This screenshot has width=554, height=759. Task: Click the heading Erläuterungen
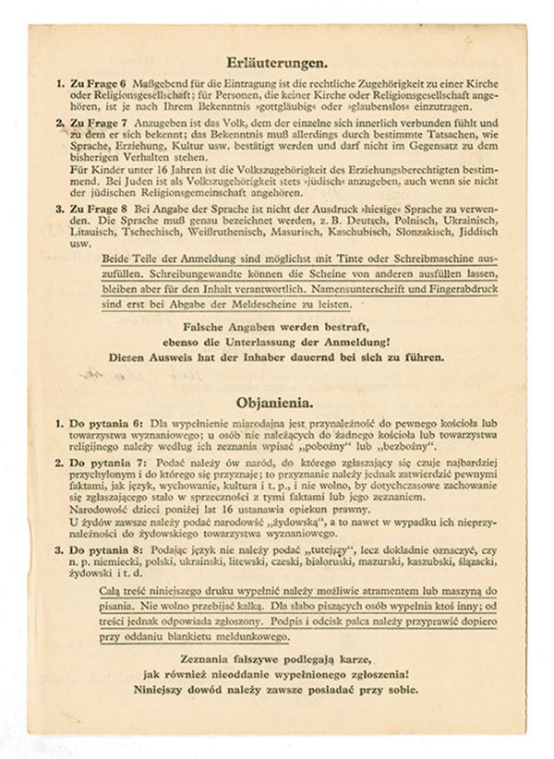click(x=277, y=63)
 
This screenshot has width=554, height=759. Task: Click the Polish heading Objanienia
click(x=276, y=403)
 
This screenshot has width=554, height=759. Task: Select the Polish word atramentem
click(x=379, y=590)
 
